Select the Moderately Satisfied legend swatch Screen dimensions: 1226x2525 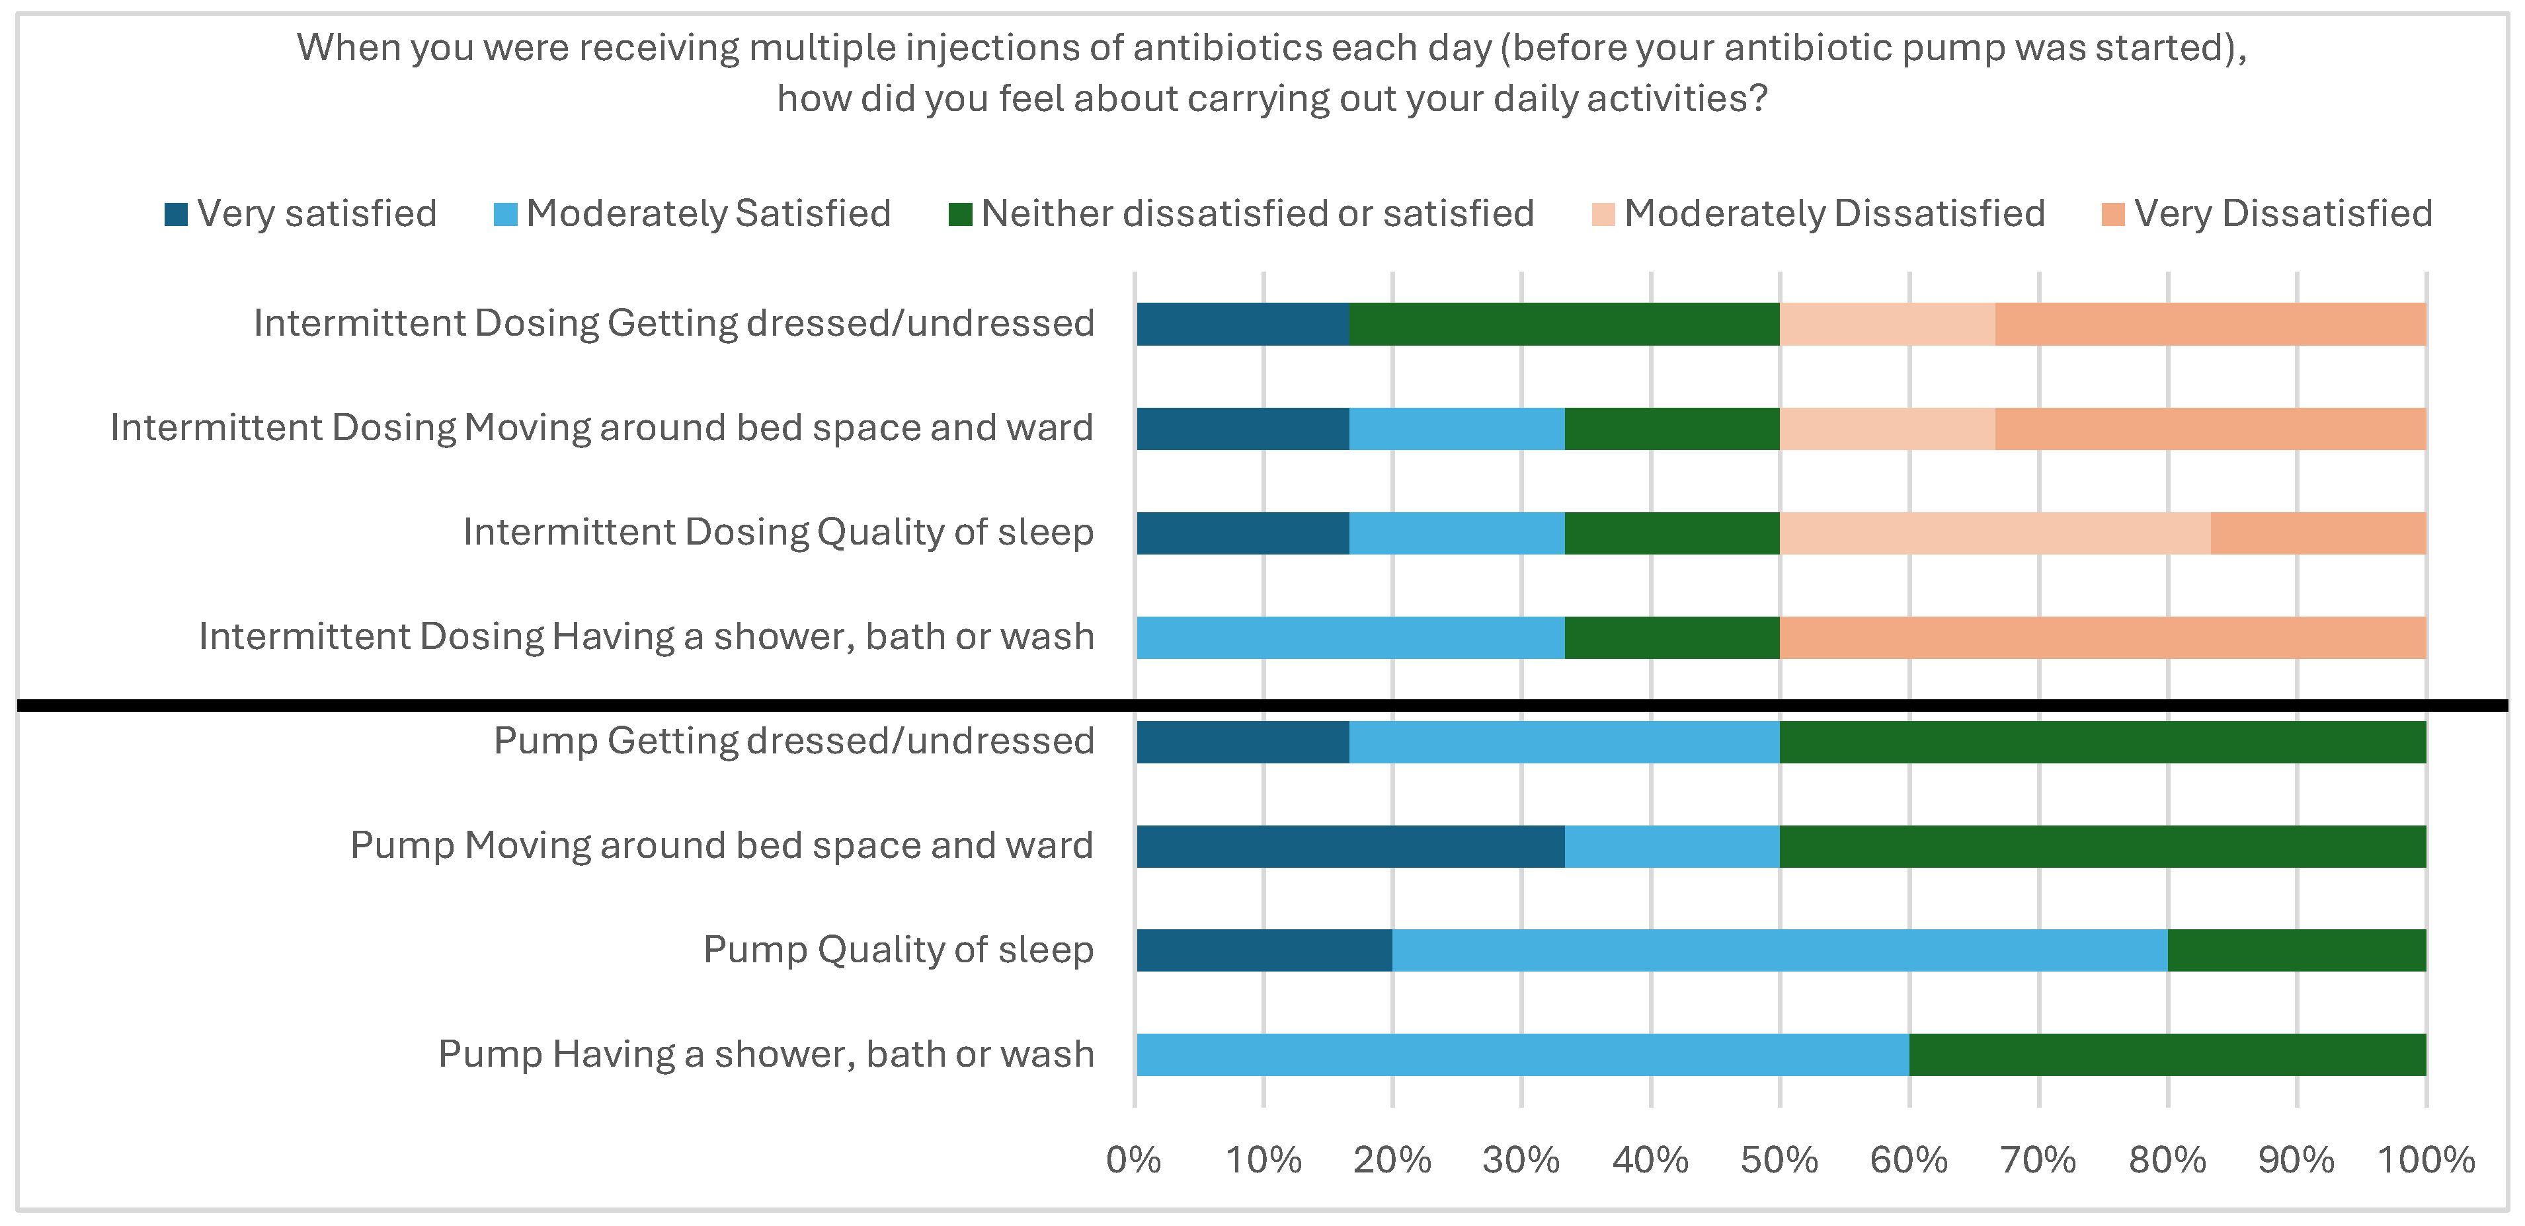coord(505,213)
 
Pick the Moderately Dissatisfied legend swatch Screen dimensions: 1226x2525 coord(1603,213)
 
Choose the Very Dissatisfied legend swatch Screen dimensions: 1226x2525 coord(2112,213)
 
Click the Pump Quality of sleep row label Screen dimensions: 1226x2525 coord(898,950)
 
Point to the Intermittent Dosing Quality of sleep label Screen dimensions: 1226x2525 coord(778,532)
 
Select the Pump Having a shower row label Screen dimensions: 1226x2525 coord(766,1055)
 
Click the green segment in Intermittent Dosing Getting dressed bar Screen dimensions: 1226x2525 coord(1564,325)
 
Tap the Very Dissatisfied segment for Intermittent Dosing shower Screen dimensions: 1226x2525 coord(2103,638)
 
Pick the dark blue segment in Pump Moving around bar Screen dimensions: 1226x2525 coord(1349,847)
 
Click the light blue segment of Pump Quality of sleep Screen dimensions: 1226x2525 coord(1779,950)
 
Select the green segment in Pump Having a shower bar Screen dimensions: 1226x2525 coord(2167,1055)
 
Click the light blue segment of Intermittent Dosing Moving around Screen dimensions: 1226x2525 coord(1457,429)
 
